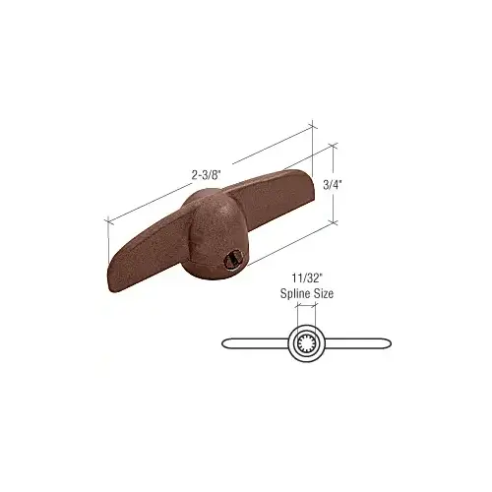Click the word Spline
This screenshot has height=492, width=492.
[291, 292]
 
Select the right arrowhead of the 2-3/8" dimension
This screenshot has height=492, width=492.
[313, 125]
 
